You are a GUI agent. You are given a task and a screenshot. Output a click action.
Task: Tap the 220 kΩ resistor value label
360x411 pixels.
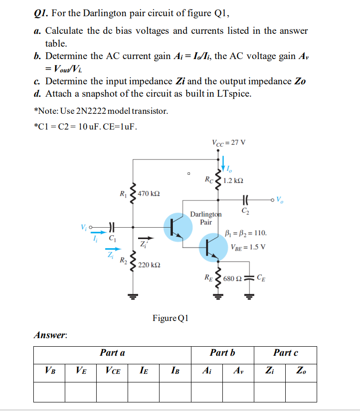click(x=149, y=264)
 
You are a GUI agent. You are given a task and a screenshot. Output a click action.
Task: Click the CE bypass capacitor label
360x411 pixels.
click(x=261, y=278)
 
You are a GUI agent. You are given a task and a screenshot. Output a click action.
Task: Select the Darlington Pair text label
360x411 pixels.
click(x=206, y=218)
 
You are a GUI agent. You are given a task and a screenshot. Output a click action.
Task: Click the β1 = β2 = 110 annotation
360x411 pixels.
click(x=245, y=233)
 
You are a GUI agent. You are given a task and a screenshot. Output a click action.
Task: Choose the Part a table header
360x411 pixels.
click(x=112, y=353)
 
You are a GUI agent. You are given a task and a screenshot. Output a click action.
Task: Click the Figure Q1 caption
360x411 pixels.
click(x=170, y=318)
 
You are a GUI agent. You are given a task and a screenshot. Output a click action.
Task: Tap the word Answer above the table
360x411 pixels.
click(x=50, y=335)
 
